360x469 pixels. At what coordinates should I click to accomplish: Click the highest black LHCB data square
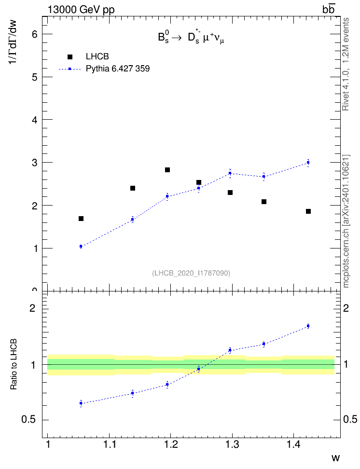(167, 170)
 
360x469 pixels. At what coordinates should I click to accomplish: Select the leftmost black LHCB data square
(81, 219)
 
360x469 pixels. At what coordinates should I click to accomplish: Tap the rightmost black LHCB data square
(308, 211)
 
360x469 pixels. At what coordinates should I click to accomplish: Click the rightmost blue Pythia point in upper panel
(308, 163)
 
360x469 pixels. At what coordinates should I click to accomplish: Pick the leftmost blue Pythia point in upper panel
(81, 246)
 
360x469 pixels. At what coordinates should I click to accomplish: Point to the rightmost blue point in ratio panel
(308, 326)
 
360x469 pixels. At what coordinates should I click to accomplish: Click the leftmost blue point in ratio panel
(81, 403)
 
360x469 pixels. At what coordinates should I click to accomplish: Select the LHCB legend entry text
(97, 56)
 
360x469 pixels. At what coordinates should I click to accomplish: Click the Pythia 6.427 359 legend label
(118, 69)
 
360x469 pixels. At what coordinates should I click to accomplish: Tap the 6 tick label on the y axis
(35, 34)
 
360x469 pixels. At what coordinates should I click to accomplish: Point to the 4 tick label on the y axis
(35, 120)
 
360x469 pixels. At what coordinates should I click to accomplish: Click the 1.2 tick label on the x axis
(171, 445)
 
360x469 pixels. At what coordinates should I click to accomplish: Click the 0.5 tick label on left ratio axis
(29, 419)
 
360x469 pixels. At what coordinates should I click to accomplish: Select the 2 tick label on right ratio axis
(346, 308)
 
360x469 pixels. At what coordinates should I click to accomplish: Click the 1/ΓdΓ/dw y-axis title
(13, 42)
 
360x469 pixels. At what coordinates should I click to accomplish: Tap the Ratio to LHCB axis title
(14, 364)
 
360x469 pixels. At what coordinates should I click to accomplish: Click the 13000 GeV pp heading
(81, 10)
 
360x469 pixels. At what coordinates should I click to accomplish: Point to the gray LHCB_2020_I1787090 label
(191, 273)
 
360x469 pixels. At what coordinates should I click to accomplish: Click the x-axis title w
(335, 457)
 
